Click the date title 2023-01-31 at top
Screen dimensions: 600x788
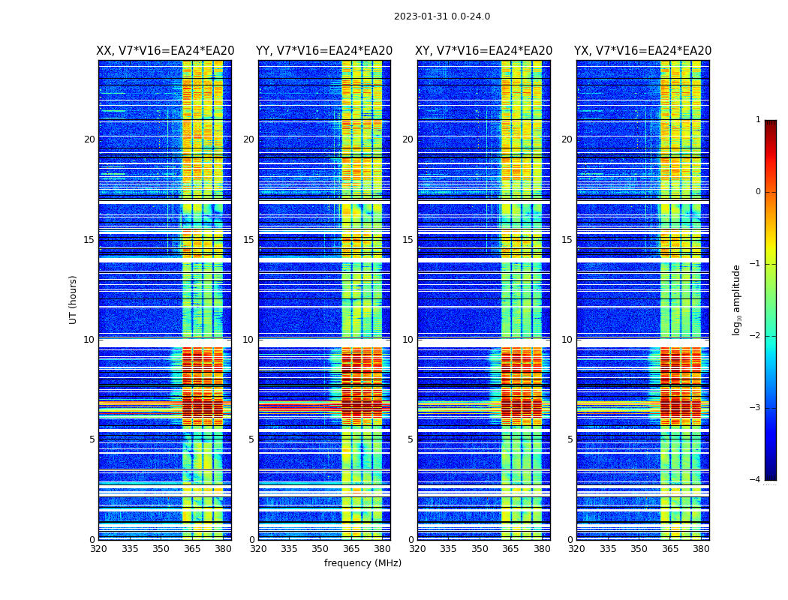[x=441, y=16]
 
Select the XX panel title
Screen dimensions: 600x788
[x=165, y=51]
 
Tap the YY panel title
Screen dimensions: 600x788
[x=324, y=51]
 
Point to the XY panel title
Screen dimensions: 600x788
[x=484, y=51]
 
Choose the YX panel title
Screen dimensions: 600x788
[x=642, y=51]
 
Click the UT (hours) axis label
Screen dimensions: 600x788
[x=74, y=299]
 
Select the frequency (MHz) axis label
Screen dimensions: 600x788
[x=362, y=563]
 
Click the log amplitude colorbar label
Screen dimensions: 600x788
[x=737, y=299]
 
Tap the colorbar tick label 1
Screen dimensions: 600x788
[x=758, y=120]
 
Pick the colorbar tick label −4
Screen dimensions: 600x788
[x=756, y=480]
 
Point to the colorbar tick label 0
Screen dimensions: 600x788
[x=758, y=192]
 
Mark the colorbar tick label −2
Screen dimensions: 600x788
[x=756, y=336]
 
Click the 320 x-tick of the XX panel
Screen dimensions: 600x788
[x=98, y=549]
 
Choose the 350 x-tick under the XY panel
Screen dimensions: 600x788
[x=480, y=549]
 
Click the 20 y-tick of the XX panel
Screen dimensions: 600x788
[x=89, y=139]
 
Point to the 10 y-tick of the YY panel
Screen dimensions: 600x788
[x=248, y=340]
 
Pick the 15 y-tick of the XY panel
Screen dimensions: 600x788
[x=408, y=240]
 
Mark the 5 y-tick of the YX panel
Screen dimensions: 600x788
[x=570, y=439]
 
